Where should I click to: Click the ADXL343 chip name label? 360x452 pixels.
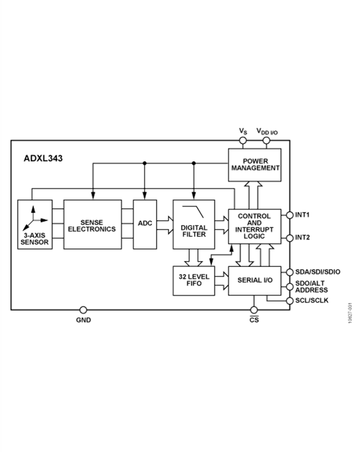(43, 159)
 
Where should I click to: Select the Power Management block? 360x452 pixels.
(254, 165)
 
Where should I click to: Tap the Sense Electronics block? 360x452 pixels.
(92, 225)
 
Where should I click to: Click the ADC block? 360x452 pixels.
(145, 225)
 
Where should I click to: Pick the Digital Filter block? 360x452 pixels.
(194, 225)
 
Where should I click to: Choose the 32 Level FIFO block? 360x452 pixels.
(194, 281)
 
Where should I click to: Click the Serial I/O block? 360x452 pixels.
(254, 281)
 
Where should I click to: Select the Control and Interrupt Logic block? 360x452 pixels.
(254, 227)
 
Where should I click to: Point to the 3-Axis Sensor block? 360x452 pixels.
(35, 225)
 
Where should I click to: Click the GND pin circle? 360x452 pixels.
(83, 310)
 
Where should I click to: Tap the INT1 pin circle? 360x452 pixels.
(290, 215)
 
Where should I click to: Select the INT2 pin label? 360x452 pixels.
(302, 237)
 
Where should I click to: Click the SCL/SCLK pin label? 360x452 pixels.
(312, 300)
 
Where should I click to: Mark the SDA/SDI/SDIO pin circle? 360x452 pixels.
(290, 272)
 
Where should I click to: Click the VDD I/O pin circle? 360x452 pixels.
(266, 141)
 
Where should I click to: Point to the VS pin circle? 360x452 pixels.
(243, 141)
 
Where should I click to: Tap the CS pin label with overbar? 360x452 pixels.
(254, 319)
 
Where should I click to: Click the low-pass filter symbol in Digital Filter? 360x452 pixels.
(193, 211)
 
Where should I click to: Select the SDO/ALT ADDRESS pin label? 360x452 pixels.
(311, 287)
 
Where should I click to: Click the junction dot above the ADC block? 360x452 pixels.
(144, 163)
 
